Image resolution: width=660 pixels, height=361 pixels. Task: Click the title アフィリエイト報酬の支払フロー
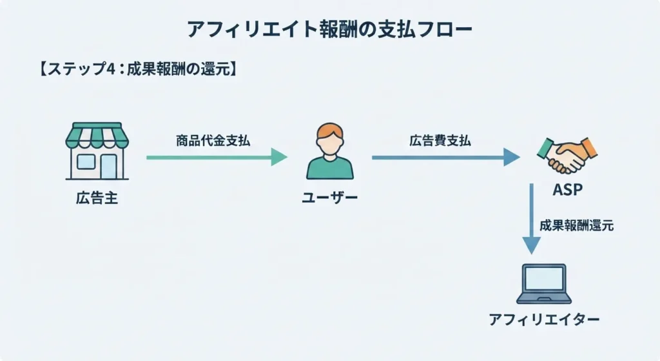[329, 29]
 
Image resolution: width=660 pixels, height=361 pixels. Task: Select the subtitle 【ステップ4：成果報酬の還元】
[139, 68]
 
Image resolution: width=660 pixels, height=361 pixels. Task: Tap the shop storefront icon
[97, 151]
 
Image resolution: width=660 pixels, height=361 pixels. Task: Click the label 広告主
[97, 198]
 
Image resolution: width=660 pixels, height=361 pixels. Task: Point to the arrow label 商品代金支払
[213, 140]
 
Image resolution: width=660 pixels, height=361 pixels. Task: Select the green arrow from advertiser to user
[217, 158]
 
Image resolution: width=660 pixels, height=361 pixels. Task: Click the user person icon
[330, 151]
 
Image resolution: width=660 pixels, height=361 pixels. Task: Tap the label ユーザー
[329, 197]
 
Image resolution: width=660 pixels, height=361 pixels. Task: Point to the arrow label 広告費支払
[440, 140]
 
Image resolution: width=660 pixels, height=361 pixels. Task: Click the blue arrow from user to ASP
[446, 158]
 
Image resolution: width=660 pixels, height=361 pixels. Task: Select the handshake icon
[567, 155]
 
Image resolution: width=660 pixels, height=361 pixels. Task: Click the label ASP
[567, 190]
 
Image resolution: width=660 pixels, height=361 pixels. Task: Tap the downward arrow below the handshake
[532, 219]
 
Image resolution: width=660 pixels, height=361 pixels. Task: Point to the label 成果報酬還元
[576, 225]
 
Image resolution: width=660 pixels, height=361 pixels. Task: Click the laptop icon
[544, 284]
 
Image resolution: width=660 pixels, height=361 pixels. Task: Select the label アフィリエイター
[544, 319]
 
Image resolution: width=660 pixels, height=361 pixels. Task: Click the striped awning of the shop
[97, 136]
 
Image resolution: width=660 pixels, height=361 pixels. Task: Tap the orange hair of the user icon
[330, 130]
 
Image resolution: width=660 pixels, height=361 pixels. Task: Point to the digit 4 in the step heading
[110, 69]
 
